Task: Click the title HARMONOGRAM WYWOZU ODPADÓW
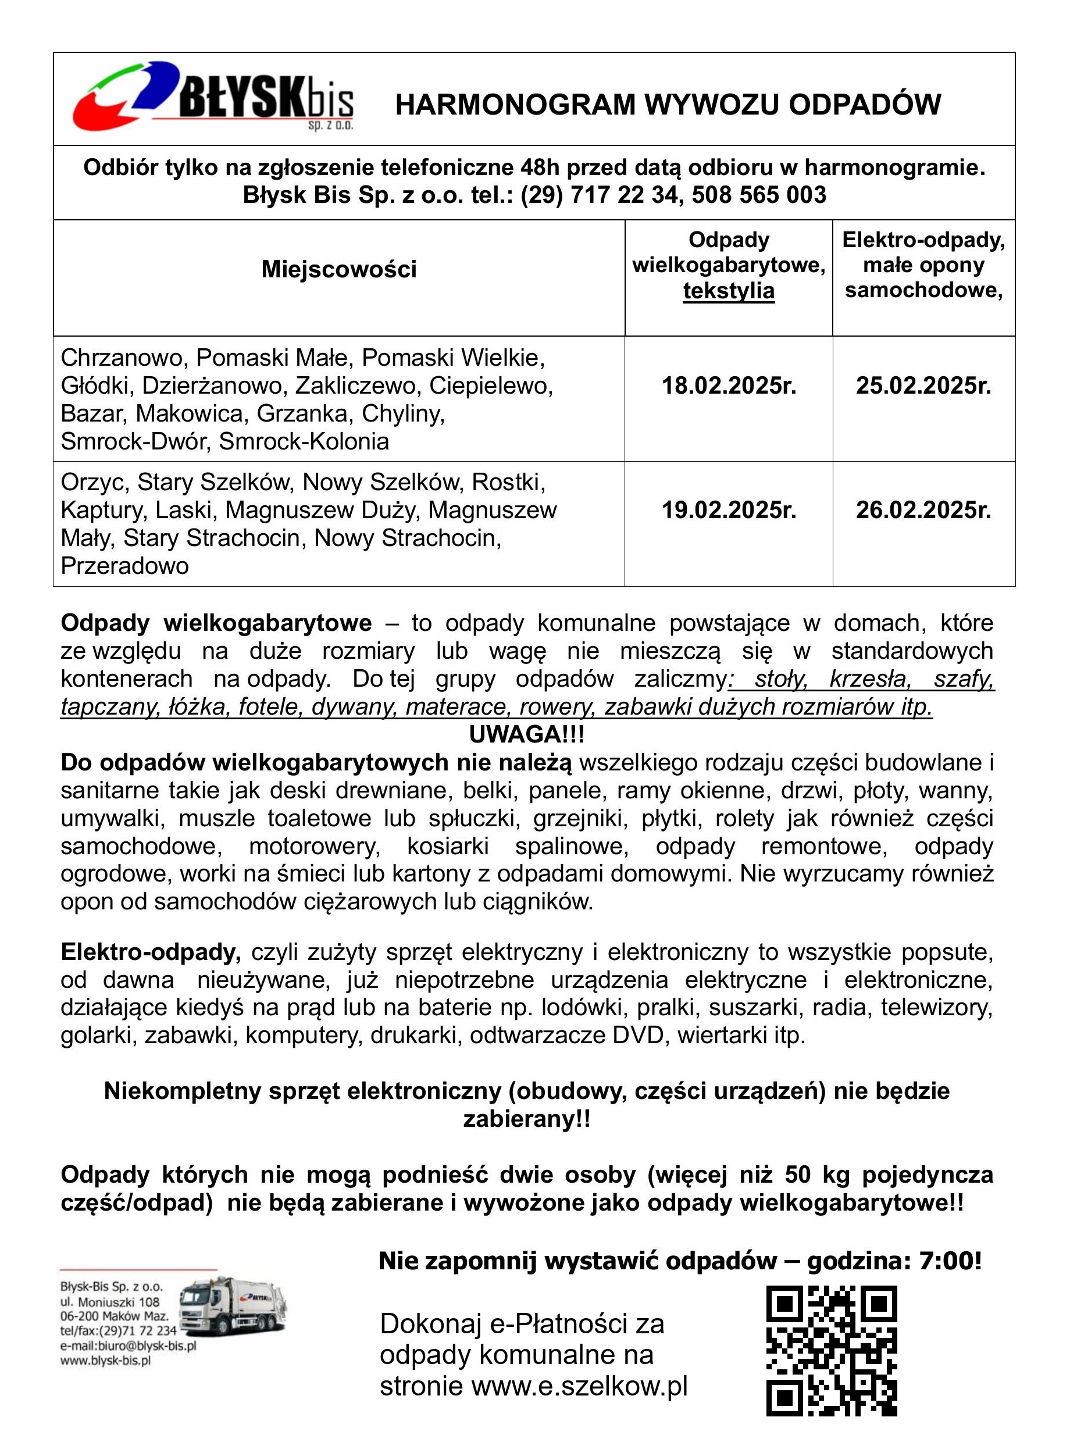[668, 105]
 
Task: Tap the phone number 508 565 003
[759, 195]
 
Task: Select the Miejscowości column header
[339, 269]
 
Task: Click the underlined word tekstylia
[729, 291]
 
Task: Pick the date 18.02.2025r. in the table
[729, 386]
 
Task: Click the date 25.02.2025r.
[923, 386]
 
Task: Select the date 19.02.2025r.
[729, 511]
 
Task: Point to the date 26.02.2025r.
[923, 511]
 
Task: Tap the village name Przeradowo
[125, 566]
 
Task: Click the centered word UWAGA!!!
[527, 735]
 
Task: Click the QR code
[832, 1351]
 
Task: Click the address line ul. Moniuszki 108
[110, 1302]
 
